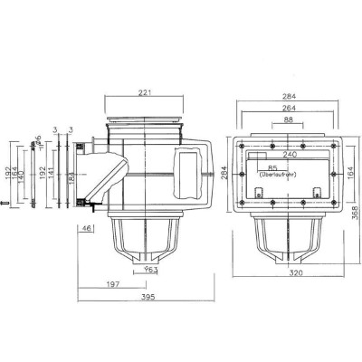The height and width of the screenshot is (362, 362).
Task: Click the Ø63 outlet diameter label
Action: [151, 269]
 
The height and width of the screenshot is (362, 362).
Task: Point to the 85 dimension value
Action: [272, 168]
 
